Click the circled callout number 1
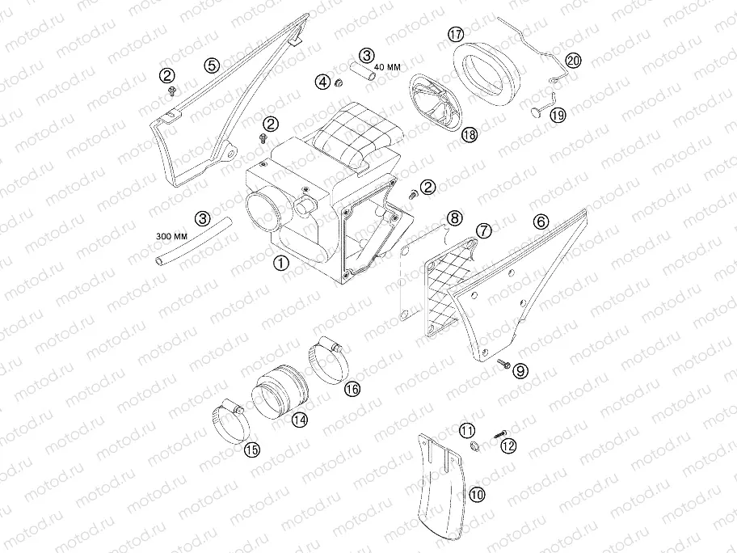click(281, 263)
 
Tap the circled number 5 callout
click(212, 65)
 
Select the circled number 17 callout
click(456, 34)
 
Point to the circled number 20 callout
click(573, 61)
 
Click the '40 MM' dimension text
click(388, 67)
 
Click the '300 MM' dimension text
click(171, 236)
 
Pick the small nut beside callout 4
click(338, 84)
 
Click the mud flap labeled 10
click(441, 486)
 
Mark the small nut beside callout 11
click(474, 445)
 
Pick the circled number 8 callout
click(454, 217)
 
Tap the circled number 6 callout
click(541, 221)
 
